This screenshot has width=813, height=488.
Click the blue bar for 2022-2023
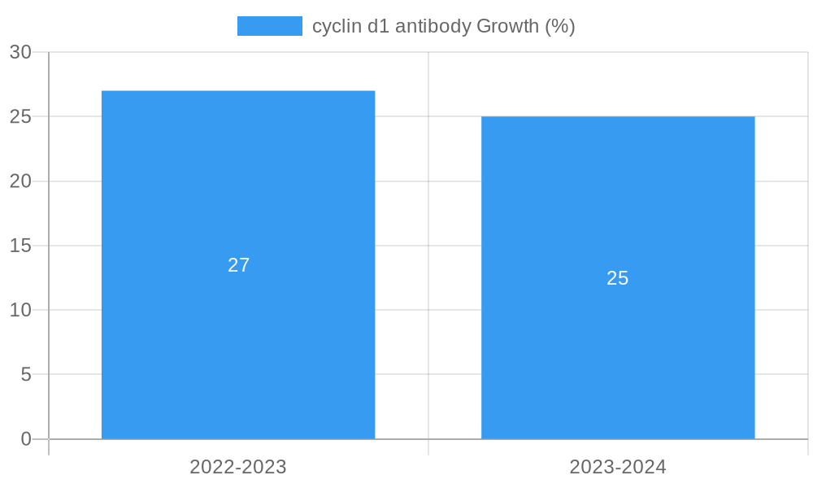[x=238, y=342]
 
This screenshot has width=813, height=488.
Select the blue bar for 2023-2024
[x=618, y=358]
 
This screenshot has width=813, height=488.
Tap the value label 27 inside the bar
[x=238, y=265]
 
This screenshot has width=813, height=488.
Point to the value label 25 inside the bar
[x=618, y=278]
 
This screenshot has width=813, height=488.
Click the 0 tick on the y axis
[x=26, y=439]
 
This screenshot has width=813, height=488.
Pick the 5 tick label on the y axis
[x=26, y=375]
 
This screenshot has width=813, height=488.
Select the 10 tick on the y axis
[x=21, y=310]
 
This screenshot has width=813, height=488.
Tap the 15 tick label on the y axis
[x=21, y=246]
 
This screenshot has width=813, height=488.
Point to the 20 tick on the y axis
[x=21, y=181]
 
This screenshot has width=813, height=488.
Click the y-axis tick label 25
[x=21, y=116]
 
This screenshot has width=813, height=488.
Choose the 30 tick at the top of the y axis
[x=21, y=52]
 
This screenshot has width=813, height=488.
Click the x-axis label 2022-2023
[x=238, y=467]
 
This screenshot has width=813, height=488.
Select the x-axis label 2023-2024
[x=618, y=467]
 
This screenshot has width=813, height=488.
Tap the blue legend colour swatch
[x=269, y=26]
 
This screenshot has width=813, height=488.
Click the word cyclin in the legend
[x=337, y=26]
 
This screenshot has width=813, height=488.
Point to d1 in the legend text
[x=378, y=26]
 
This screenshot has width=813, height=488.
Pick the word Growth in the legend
[x=507, y=26]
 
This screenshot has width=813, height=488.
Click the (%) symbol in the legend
[x=560, y=26]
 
